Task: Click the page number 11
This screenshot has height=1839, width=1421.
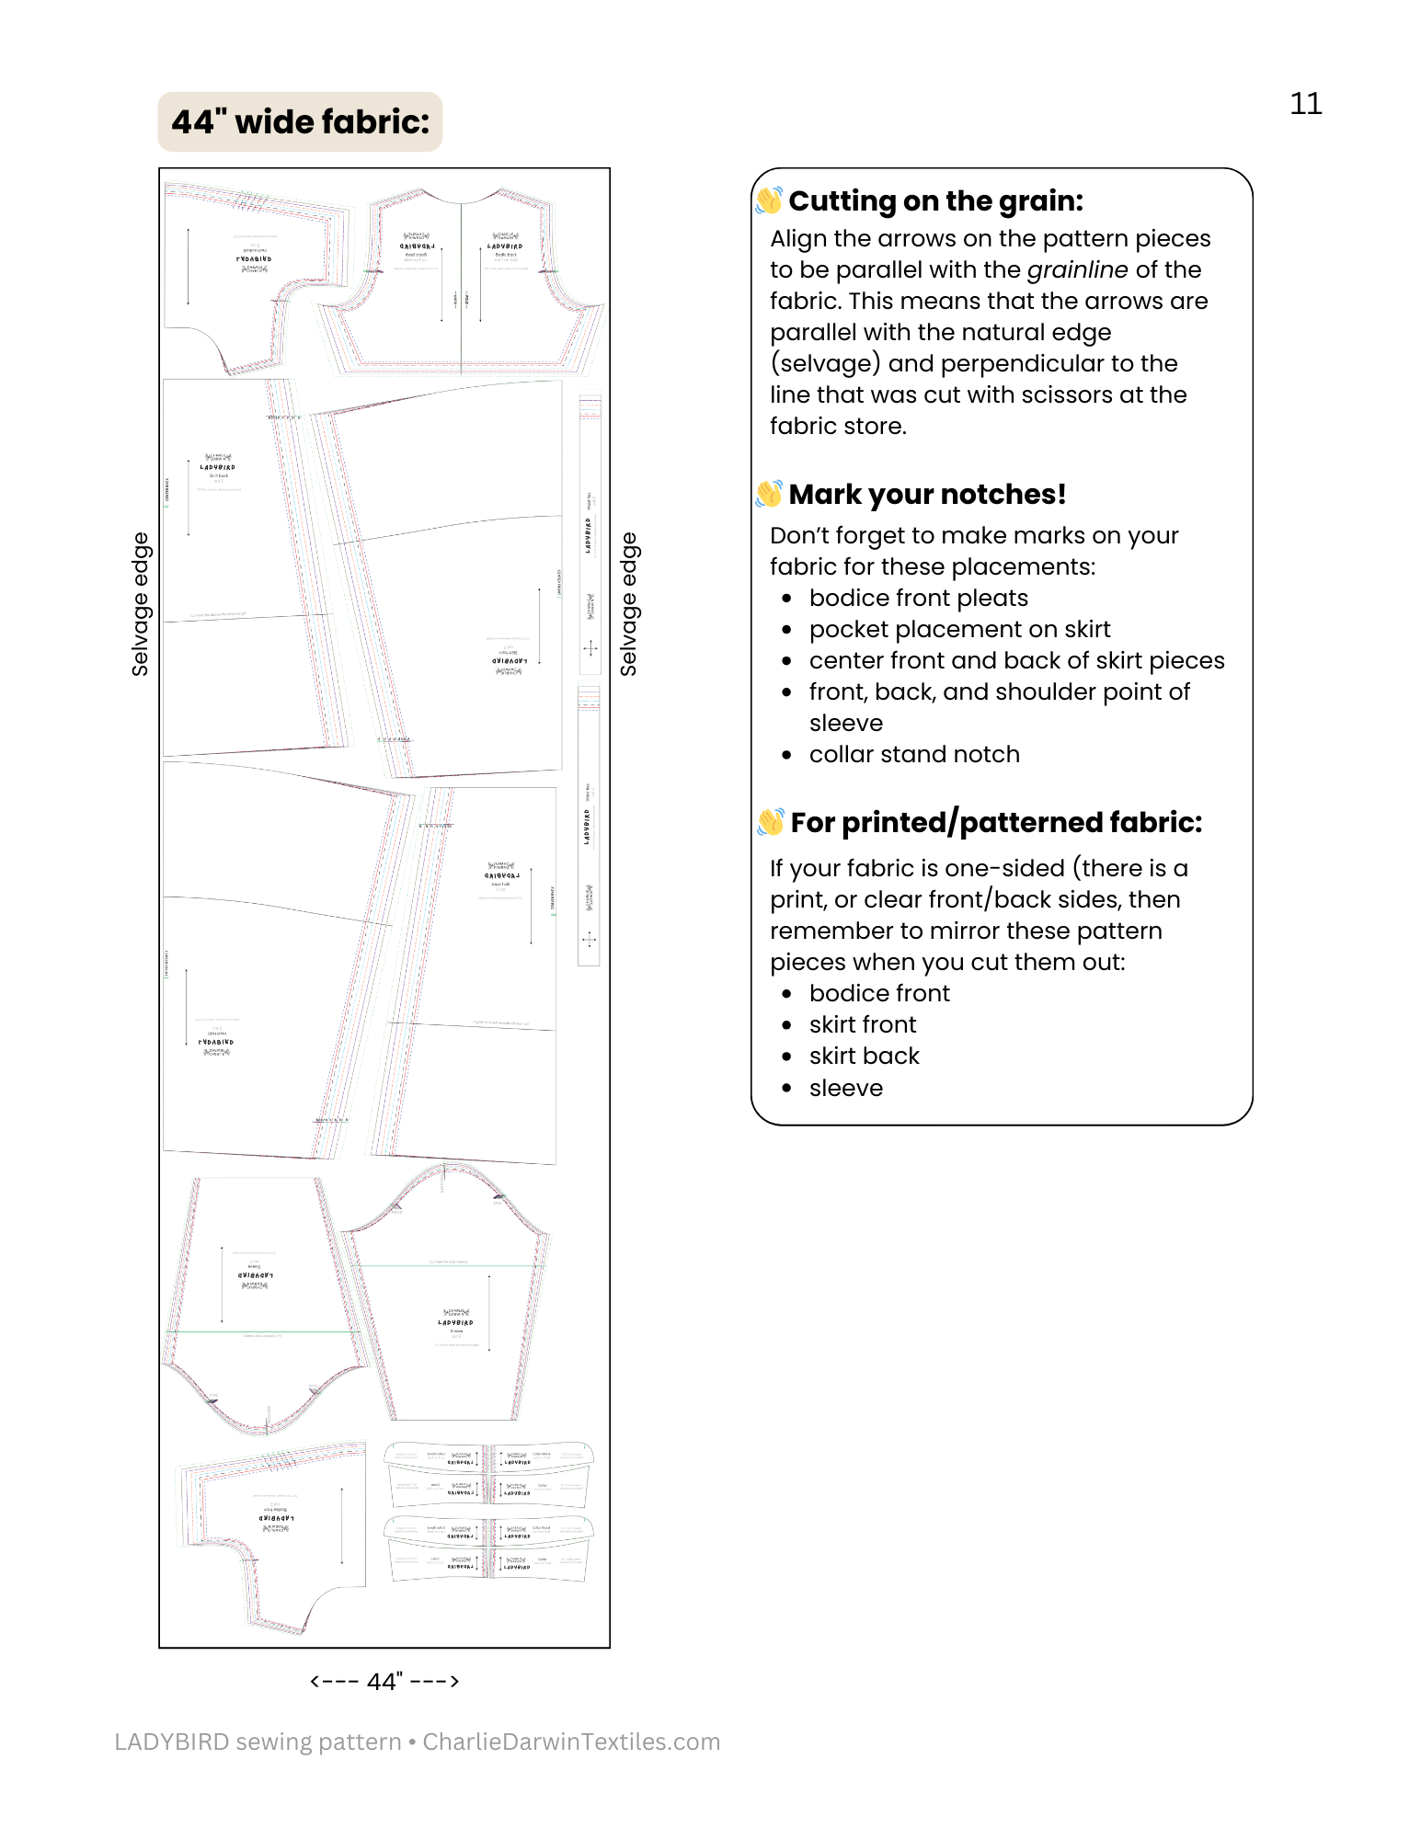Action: tap(1305, 104)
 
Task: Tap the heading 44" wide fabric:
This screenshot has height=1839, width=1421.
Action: tap(300, 122)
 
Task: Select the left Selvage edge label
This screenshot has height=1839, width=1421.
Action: tap(140, 604)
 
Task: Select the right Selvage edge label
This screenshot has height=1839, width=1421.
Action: tap(628, 604)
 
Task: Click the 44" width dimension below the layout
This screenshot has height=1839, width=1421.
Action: tap(384, 1681)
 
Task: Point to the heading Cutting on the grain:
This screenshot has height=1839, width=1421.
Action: tap(935, 200)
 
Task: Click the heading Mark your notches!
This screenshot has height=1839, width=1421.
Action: tap(927, 494)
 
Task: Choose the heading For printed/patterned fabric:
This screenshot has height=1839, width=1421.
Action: tap(996, 822)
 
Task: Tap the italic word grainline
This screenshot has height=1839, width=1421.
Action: tap(1077, 269)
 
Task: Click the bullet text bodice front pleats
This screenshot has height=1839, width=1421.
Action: tap(918, 598)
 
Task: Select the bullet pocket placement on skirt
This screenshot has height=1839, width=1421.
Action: tap(959, 629)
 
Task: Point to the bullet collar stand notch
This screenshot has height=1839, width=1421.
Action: tap(914, 754)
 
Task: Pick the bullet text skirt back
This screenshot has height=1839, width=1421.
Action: tap(864, 1056)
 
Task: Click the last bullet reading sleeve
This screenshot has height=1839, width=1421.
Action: tap(845, 1088)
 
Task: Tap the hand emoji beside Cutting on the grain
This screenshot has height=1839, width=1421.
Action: tap(768, 200)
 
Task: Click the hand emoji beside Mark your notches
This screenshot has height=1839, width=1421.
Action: tap(768, 494)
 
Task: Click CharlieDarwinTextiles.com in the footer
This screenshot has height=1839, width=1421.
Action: tap(571, 1742)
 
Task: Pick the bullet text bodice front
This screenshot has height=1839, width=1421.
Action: tap(879, 993)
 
